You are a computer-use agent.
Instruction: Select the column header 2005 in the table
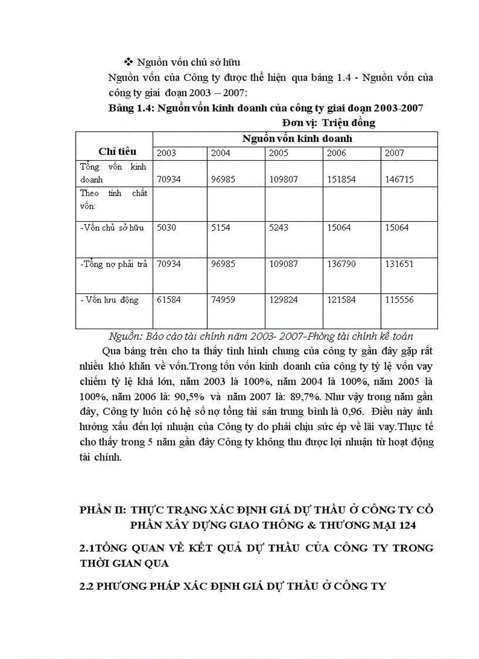tap(279, 153)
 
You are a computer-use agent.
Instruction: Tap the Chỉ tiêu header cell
tap(117, 151)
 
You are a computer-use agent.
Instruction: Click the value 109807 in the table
tap(283, 180)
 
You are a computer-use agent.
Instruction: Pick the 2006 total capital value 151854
tap(341, 180)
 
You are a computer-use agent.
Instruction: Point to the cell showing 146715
tap(399, 180)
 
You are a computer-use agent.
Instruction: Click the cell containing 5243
tap(279, 228)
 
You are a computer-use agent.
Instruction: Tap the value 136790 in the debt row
tap(341, 264)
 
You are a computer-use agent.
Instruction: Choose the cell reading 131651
tap(399, 264)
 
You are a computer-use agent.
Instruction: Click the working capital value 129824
tap(283, 300)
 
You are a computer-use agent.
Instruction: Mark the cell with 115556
tap(399, 300)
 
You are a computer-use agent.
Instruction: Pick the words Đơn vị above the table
tap(299, 123)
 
